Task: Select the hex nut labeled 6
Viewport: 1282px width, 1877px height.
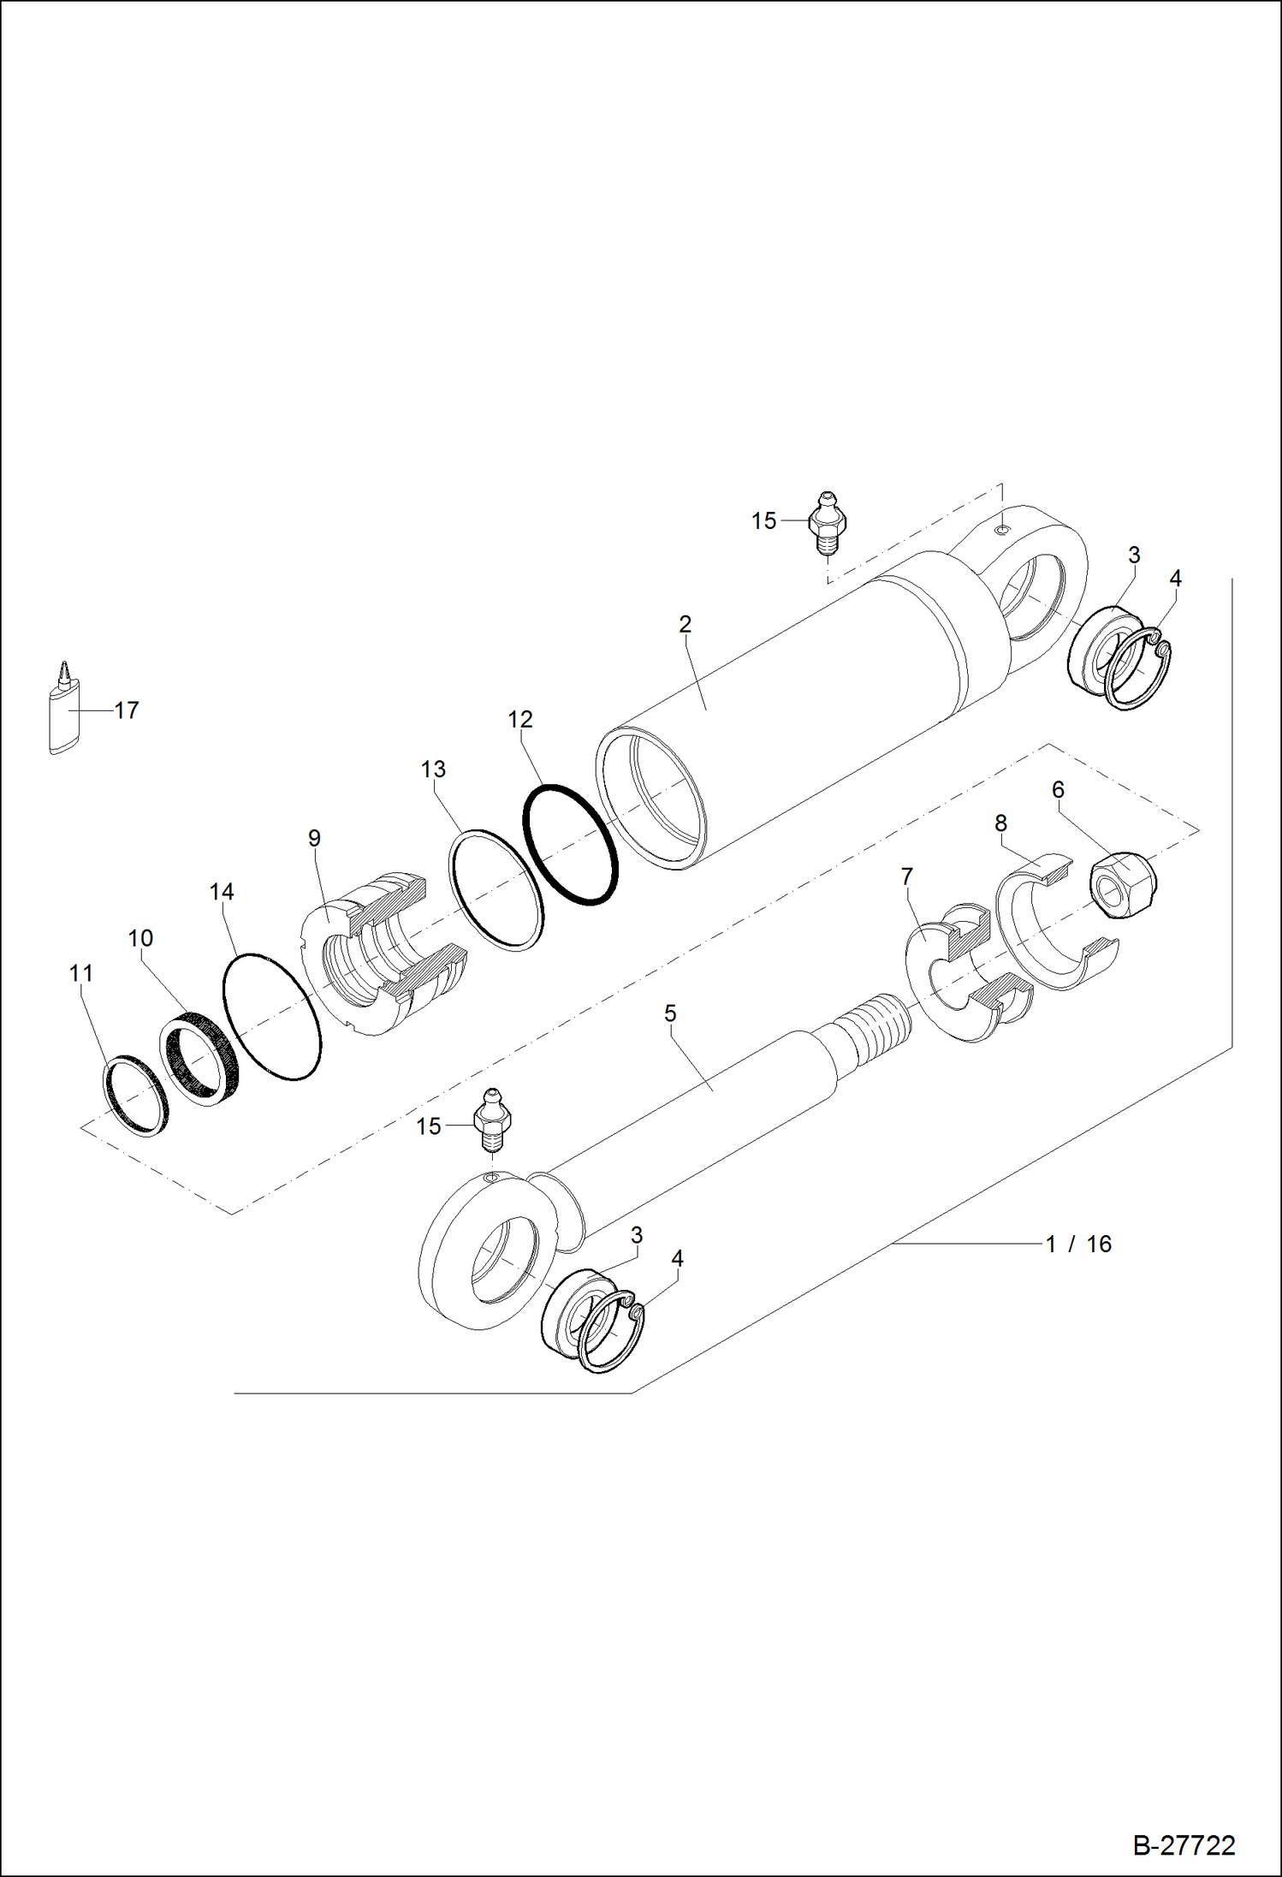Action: click(x=1123, y=885)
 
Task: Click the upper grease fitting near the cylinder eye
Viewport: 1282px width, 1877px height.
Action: click(x=827, y=521)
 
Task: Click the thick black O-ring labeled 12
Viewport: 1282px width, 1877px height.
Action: click(x=570, y=844)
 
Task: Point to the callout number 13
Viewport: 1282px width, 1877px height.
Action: click(x=433, y=769)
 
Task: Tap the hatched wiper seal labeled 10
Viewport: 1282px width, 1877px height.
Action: click(x=199, y=1059)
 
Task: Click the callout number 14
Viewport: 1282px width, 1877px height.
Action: click(x=222, y=892)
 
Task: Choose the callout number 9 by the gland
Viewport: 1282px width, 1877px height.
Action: click(x=314, y=838)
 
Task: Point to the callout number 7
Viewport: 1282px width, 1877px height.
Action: click(x=907, y=876)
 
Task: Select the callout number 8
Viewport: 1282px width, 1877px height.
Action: click(x=1000, y=823)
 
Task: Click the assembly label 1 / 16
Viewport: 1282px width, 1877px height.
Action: click(x=1077, y=1244)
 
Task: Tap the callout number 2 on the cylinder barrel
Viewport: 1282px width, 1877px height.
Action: click(x=685, y=625)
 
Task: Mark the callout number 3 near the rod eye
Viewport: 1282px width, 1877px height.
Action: click(x=637, y=1235)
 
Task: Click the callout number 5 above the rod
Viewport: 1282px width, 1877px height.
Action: click(x=670, y=1013)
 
